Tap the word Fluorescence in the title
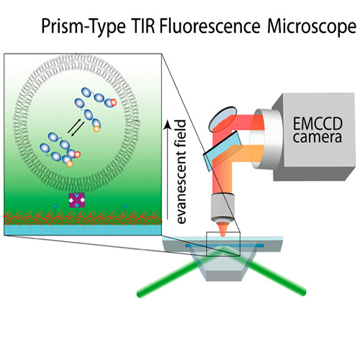point(210,26)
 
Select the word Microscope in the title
point(312,27)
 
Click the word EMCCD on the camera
point(318,124)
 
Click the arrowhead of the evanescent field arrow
point(168,125)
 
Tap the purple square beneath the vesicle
point(77,200)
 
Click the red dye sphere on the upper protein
point(113,102)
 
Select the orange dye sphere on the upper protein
point(96,129)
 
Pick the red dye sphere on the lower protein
point(77,155)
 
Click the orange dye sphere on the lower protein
point(69,163)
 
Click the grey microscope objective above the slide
point(222,207)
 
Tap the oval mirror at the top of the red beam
point(222,119)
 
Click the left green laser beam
point(166,279)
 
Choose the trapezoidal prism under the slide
point(223,264)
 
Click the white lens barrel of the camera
point(265,139)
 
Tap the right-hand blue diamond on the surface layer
point(125,206)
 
